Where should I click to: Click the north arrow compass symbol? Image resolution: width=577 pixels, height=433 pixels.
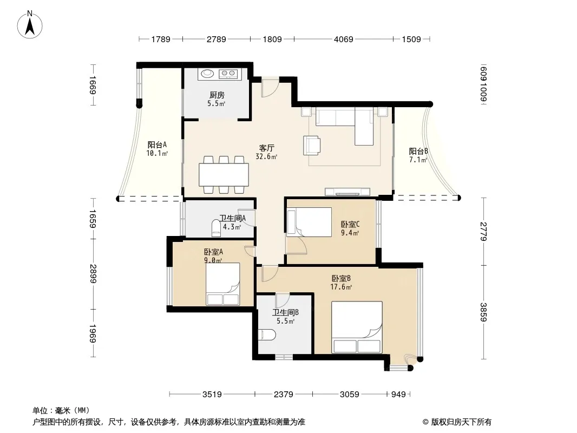[30, 25]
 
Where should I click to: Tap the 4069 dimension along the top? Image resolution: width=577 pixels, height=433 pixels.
[343, 39]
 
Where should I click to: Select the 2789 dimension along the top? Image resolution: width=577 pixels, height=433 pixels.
[216, 39]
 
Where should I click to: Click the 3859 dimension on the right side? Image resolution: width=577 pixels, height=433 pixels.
[483, 312]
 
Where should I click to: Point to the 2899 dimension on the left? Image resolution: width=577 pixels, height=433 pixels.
[93, 274]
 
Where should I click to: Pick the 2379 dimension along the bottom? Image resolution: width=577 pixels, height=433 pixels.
[283, 395]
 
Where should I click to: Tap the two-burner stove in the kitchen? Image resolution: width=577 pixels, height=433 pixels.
[228, 74]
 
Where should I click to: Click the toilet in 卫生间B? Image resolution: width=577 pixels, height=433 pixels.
[267, 335]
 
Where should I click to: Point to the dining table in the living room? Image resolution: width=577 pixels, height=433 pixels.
[224, 175]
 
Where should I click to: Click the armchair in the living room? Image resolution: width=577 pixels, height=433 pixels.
[312, 145]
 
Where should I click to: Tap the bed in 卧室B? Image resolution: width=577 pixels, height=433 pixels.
[357, 327]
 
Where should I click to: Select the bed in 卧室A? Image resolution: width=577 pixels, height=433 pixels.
[222, 284]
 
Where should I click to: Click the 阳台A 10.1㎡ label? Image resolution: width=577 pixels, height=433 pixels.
[157, 149]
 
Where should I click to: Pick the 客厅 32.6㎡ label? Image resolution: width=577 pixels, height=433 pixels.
[266, 152]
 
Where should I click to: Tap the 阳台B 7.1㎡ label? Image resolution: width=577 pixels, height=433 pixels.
[418, 155]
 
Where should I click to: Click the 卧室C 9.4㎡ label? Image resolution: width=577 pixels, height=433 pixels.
[350, 228]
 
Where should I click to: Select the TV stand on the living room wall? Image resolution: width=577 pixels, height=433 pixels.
[347, 192]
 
